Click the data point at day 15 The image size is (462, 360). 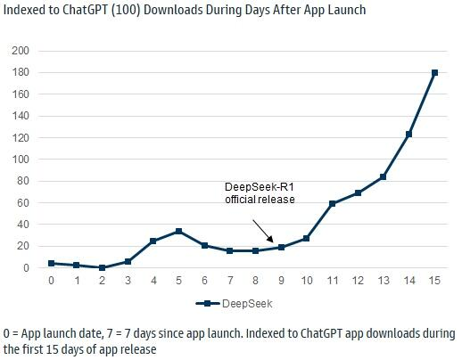[x=434, y=73]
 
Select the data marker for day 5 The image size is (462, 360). [x=178, y=232]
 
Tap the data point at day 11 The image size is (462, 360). [x=332, y=204]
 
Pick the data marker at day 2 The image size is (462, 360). [x=102, y=267]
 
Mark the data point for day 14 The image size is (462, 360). [x=408, y=135]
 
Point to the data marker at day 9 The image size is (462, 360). [x=281, y=247]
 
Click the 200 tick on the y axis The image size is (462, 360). [x=20, y=51]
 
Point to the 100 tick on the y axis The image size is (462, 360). [x=20, y=160]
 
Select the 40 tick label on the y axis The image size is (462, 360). [x=22, y=225]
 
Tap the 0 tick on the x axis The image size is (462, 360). [x=51, y=282]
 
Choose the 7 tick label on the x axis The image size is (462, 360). [x=229, y=282]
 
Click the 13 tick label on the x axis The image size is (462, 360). [x=383, y=282]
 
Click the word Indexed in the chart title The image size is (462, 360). [x=27, y=10]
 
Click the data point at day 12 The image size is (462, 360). [x=358, y=192]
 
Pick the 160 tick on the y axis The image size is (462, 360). [x=20, y=94]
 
